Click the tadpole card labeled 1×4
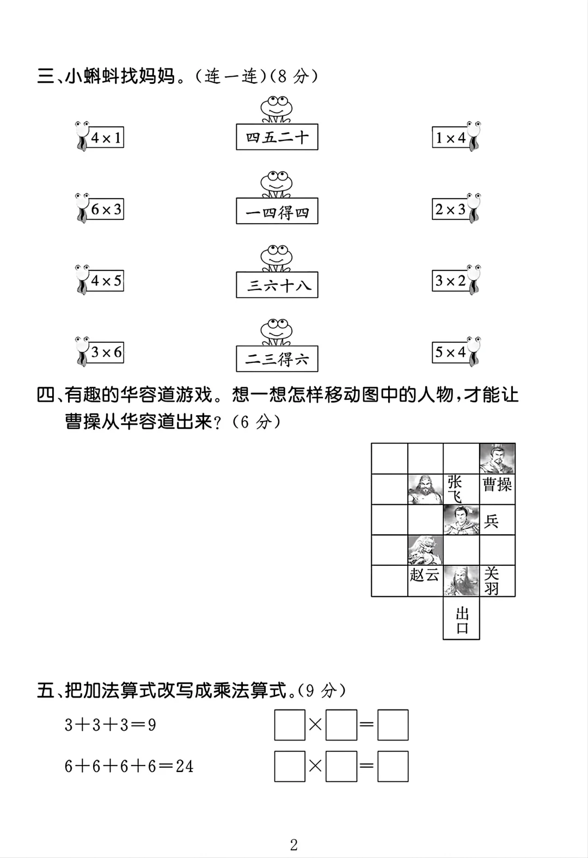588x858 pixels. pyautogui.click(x=451, y=138)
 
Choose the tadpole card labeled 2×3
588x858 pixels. pyautogui.click(x=451, y=209)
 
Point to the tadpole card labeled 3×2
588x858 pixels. pyautogui.click(x=451, y=281)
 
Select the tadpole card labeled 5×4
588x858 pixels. pyautogui.click(x=451, y=353)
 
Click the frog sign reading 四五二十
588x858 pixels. pyautogui.click(x=277, y=137)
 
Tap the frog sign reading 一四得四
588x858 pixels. pyautogui.click(x=277, y=212)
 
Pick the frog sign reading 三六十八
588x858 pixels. pyautogui.click(x=277, y=285)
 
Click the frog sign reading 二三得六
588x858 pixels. pyautogui.click(x=277, y=359)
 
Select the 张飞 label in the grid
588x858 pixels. pyautogui.click(x=455, y=489)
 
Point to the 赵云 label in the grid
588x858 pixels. pyautogui.click(x=424, y=575)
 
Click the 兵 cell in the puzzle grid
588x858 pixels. pyautogui.click(x=492, y=521)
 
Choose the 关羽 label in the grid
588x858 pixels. pyautogui.click(x=492, y=581)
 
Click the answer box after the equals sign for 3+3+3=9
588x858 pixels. pyautogui.click(x=393, y=725)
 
